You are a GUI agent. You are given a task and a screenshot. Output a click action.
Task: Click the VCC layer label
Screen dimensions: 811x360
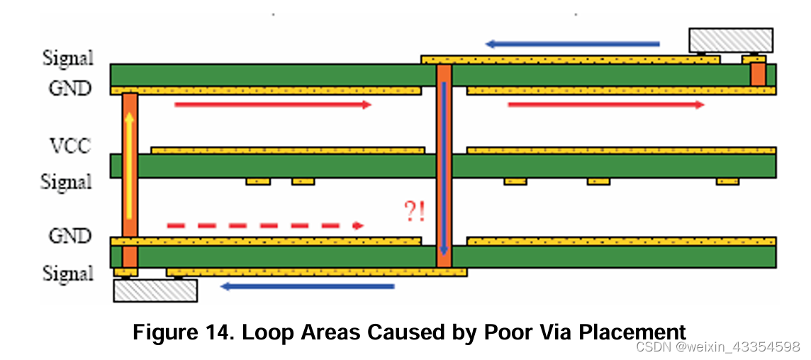[x=69, y=147]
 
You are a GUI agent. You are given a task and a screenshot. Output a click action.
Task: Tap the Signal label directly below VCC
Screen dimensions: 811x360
[x=67, y=182]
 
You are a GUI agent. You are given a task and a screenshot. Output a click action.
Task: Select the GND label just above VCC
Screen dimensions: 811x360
[x=69, y=89]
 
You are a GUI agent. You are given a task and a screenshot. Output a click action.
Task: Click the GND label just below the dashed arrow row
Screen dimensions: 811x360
[x=69, y=235]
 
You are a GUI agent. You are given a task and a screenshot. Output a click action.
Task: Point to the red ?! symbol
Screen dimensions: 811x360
[x=415, y=212]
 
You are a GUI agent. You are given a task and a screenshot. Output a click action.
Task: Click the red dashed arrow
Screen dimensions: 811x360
[x=265, y=225]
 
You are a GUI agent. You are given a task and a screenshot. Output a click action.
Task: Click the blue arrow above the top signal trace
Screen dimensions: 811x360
[x=572, y=44]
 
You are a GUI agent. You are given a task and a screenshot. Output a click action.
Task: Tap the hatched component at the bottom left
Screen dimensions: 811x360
[x=155, y=291]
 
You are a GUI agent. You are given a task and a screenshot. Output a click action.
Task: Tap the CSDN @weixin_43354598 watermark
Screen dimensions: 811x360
[x=717, y=347]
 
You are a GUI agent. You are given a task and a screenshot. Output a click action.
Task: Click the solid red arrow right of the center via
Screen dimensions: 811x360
[x=606, y=105]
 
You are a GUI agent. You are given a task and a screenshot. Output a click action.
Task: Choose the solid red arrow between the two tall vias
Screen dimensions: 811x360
[x=273, y=105]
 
